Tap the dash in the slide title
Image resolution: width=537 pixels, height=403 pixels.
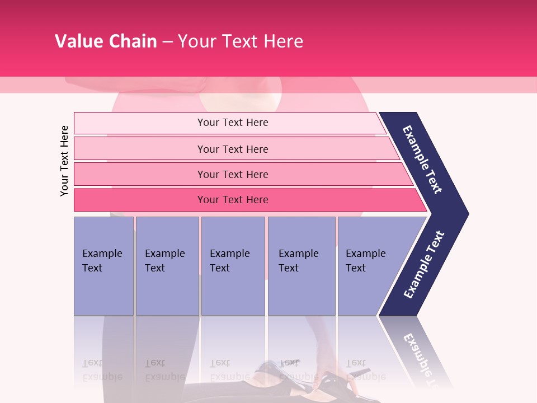point(167,42)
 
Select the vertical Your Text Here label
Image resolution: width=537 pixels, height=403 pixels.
point(64,161)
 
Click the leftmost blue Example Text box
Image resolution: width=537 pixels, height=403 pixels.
point(103,266)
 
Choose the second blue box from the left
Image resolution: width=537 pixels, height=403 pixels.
point(167,266)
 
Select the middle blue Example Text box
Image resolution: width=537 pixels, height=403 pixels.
point(233,266)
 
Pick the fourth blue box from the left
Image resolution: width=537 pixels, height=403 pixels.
point(302,266)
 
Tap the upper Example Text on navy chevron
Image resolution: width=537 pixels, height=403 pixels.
point(422,160)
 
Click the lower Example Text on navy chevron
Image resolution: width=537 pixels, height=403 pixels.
point(423,265)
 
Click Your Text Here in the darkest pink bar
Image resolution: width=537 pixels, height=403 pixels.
point(233,200)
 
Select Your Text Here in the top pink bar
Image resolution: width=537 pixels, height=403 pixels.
point(233,123)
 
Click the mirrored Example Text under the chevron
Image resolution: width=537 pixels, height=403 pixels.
point(420,358)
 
